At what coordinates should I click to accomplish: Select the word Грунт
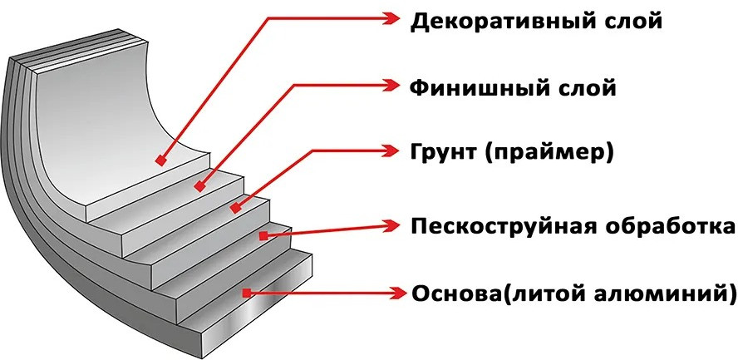click(438, 153)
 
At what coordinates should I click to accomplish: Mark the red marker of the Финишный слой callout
click(199, 187)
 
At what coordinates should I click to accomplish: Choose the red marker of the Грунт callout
click(235, 208)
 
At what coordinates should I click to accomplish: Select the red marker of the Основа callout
click(246, 293)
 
